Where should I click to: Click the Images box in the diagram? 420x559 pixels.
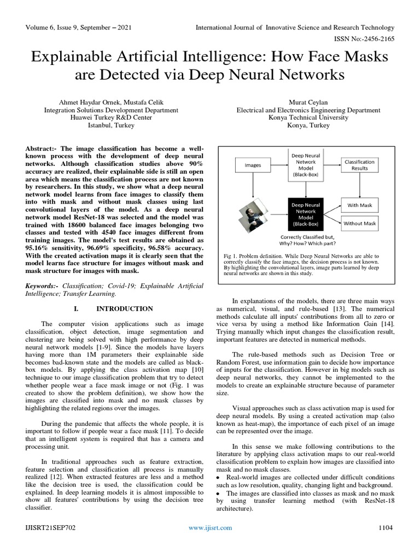(x=253, y=165)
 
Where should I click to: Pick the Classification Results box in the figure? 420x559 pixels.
(x=359, y=165)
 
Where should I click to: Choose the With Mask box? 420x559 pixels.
(x=359, y=205)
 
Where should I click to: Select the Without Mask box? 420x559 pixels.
(x=359, y=223)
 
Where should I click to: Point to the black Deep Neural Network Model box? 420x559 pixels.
(x=306, y=213)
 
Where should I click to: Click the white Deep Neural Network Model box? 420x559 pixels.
(x=306, y=165)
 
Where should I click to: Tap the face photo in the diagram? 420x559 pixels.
(x=253, y=215)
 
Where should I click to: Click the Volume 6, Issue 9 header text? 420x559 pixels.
(x=78, y=27)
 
